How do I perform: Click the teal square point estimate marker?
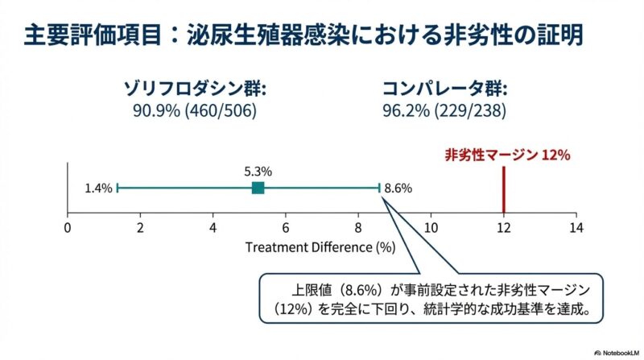pyautogui.click(x=258, y=188)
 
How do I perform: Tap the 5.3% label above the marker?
pyautogui.click(x=258, y=171)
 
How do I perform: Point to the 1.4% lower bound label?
pyautogui.click(x=97, y=188)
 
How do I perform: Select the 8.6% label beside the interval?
pyautogui.click(x=398, y=188)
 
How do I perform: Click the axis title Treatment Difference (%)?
pyautogui.click(x=320, y=246)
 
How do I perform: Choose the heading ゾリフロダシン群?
pyautogui.click(x=195, y=88)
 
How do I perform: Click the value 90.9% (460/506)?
pyautogui.click(x=195, y=110)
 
